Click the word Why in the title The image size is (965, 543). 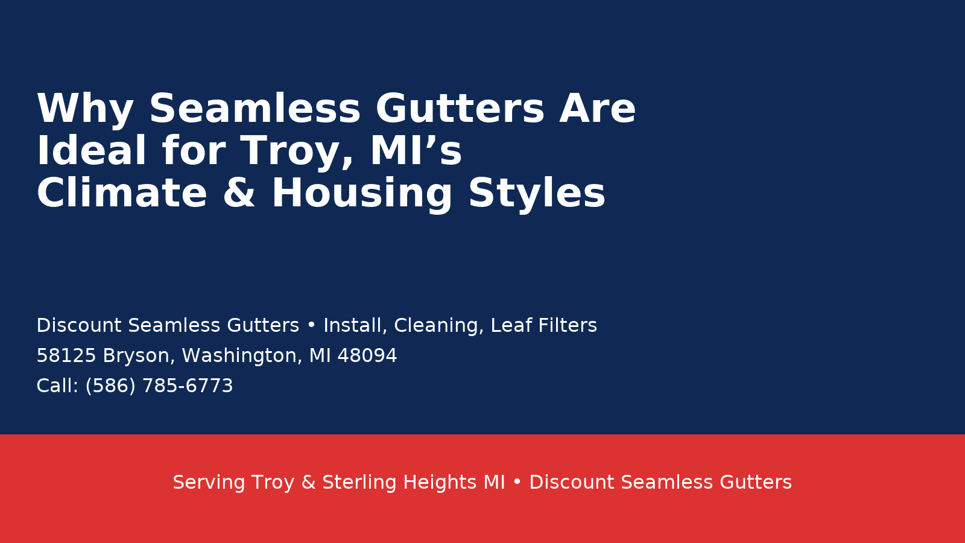click(84, 110)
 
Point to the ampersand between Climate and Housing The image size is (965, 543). click(239, 194)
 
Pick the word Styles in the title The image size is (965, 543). click(536, 194)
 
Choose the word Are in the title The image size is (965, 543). click(597, 110)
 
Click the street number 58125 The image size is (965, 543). click(66, 356)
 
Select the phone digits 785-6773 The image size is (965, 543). click(187, 386)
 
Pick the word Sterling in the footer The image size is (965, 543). click(359, 483)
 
